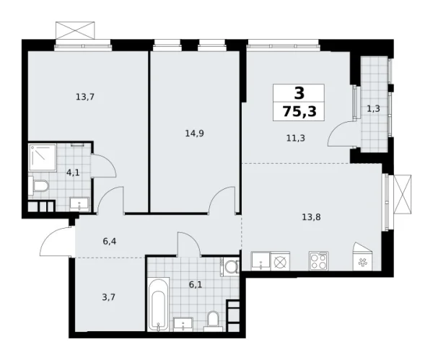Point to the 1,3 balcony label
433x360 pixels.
pos(374,109)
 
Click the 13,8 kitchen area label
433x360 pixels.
pos(312,214)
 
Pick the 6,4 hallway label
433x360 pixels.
pos(109,242)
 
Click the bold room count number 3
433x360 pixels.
pos(299,92)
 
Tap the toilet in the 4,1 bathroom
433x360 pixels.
pos(40,188)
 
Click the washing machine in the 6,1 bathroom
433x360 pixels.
pos(230,268)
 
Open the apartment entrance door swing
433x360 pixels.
pos(56,242)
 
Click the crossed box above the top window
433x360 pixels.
pos(75,31)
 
